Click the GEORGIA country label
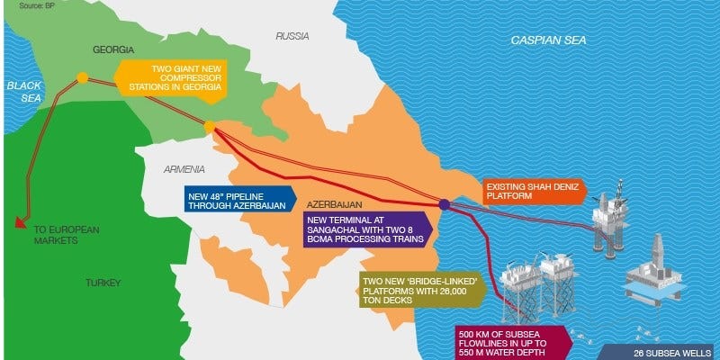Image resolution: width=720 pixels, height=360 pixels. pos(113,48)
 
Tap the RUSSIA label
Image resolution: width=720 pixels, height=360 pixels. pos(292,37)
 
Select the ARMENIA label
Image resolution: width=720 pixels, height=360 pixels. pos(184,169)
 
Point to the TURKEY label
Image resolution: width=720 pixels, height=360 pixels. pos(103,283)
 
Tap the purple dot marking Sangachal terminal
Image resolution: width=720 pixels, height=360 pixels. pos(445,204)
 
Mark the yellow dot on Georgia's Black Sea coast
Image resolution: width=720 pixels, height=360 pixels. pos(82,78)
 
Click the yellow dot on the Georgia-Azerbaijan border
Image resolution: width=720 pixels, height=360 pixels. pos(209,128)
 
